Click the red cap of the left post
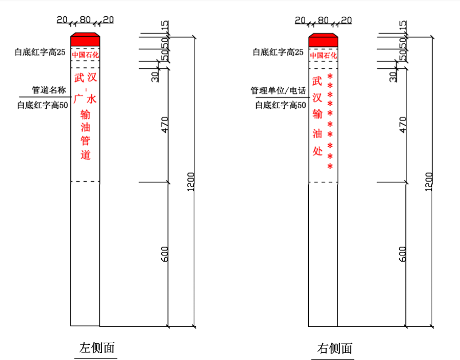coord(85,40)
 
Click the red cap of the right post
coord(323,40)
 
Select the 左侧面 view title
coord(97,348)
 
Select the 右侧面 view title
coord(335,348)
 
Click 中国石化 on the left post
coord(85,55)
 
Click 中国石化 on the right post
coord(323,55)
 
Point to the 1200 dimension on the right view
coord(428,181)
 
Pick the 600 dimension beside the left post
coord(164,254)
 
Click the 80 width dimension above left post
coord(85,20)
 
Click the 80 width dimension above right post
coord(323,20)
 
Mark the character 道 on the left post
coord(86,155)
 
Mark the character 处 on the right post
coord(317,151)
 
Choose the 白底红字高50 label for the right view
coord(280,105)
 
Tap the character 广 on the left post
coord(79,99)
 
